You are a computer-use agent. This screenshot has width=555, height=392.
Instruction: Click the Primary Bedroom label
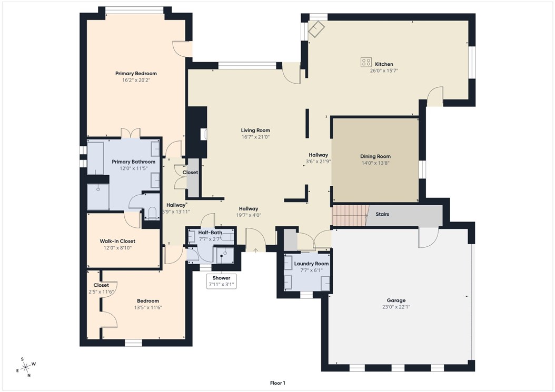tap(136, 74)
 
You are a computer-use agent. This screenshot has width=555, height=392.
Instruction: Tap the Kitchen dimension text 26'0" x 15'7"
tap(383, 71)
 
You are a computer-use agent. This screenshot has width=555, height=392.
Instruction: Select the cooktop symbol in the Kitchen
tap(366, 62)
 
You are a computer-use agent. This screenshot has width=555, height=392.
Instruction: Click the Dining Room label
tap(375, 156)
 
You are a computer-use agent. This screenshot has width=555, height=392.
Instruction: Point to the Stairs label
tap(382, 215)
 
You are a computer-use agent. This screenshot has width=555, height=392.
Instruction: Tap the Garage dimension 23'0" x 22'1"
tap(396, 307)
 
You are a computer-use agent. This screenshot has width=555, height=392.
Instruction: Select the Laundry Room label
tap(311, 264)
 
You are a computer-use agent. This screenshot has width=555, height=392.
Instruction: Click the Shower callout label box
tap(221, 281)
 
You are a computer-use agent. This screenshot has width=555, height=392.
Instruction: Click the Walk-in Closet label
tap(117, 242)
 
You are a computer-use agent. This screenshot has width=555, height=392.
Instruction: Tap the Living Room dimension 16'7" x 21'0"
tap(255, 137)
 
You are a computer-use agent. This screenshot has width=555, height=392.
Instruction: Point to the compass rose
tap(26, 367)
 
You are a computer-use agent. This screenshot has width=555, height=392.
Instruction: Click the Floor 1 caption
tap(277, 383)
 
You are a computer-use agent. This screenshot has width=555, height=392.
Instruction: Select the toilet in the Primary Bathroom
tap(152, 213)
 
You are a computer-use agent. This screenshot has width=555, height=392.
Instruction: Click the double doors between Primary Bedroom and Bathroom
tap(130, 134)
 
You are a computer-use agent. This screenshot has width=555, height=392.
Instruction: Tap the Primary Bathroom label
tap(133, 162)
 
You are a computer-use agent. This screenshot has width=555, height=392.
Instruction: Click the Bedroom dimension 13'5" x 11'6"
tap(147, 307)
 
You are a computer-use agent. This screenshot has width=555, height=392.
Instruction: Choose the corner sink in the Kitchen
tap(317, 29)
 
